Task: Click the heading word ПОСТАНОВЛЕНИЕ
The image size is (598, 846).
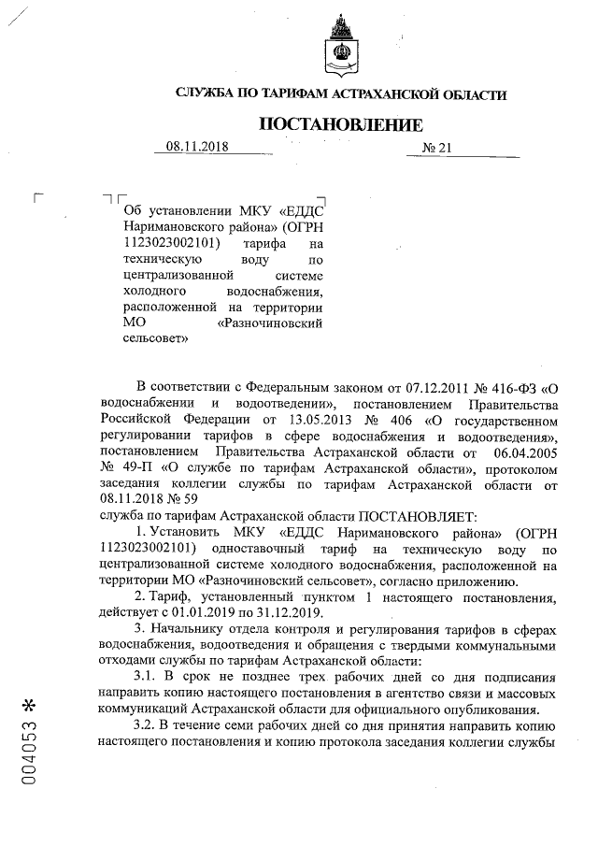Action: [x=341, y=124]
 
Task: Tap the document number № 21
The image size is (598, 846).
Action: [x=436, y=148]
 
